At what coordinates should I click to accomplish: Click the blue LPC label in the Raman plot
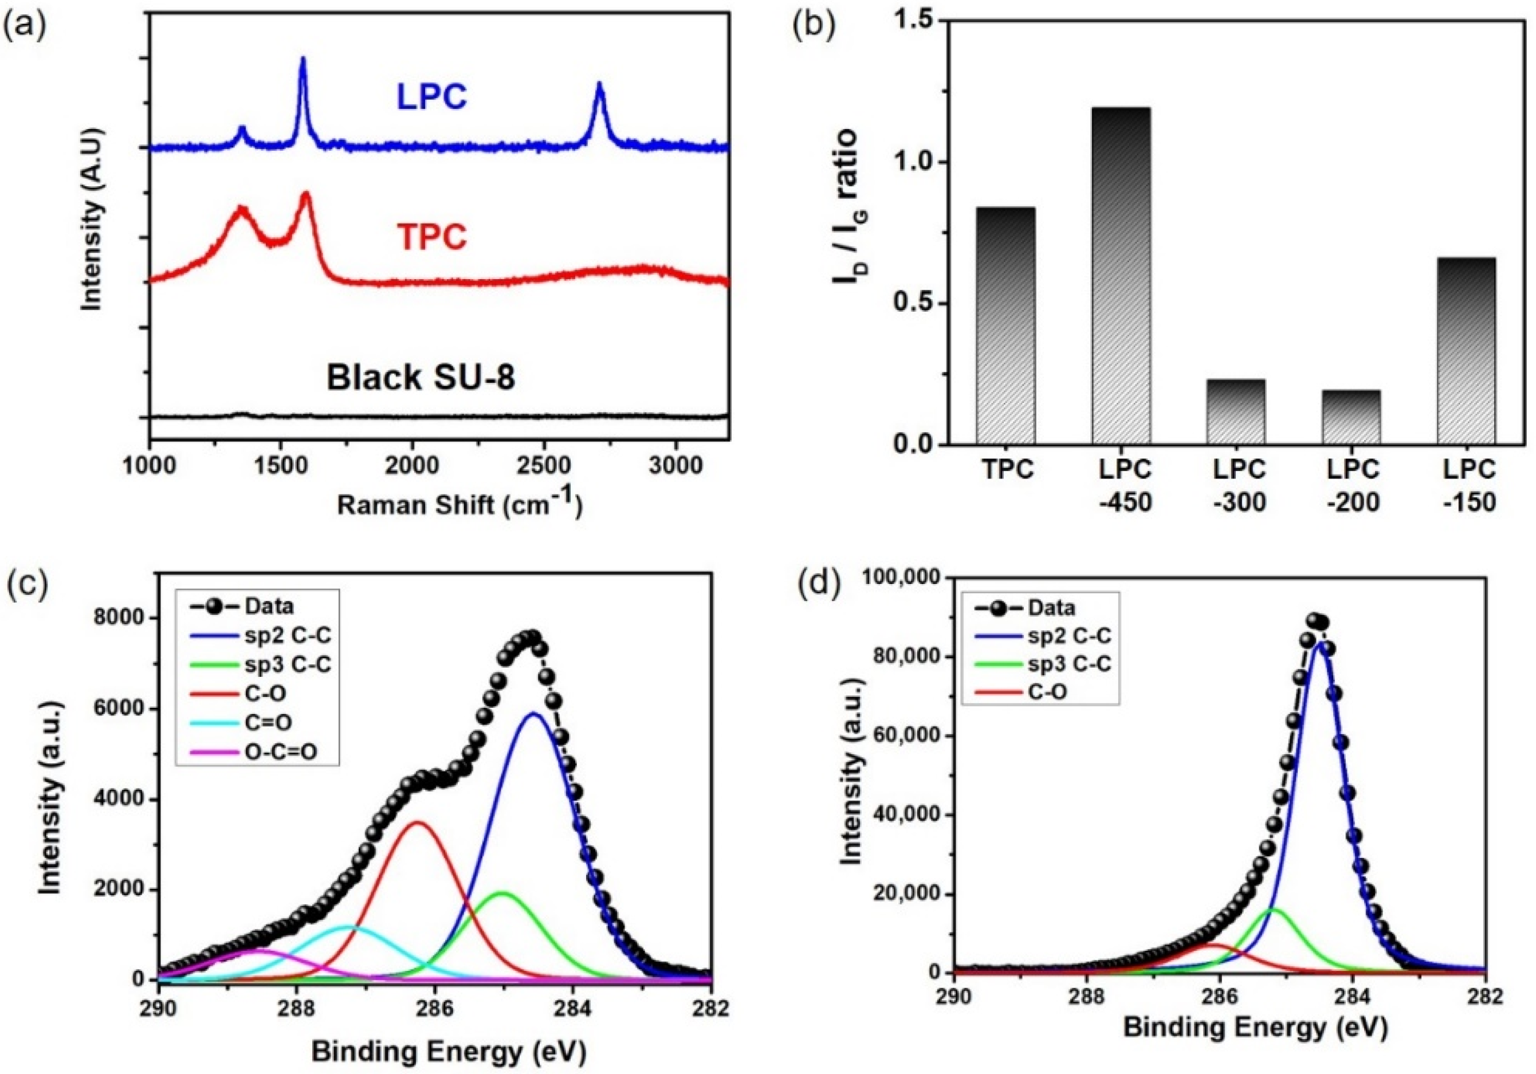click(x=431, y=97)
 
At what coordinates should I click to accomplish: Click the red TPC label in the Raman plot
click(x=431, y=237)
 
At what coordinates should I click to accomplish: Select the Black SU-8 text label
click(x=421, y=378)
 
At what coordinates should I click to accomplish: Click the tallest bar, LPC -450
click(x=1121, y=275)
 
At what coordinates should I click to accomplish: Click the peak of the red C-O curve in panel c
click(x=417, y=822)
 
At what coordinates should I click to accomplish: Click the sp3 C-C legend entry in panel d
click(x=1068, y=664)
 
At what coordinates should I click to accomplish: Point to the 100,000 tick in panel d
click(x=900, y=578)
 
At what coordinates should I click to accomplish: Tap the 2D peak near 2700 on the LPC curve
click(x=599, y=85)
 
